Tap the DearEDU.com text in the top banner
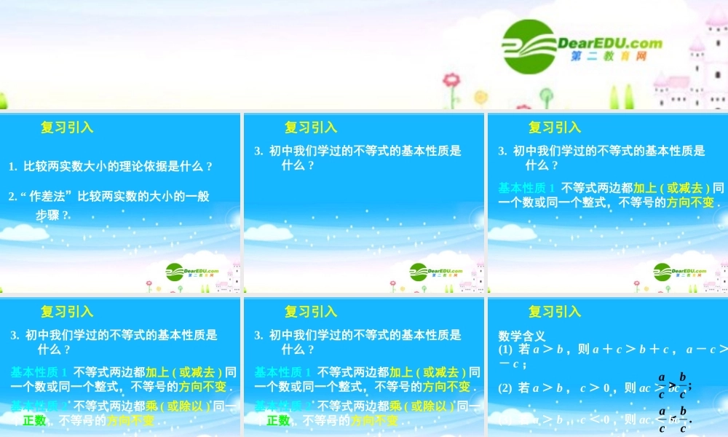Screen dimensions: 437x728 tap(610, 42)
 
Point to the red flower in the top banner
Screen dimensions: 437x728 tap(452, 79)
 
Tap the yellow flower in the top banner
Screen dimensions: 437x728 tap(480, 96)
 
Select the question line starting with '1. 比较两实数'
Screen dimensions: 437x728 tap(111, 166)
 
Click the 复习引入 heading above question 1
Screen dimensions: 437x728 tap(67, 127)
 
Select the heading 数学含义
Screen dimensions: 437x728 tap(522, 336)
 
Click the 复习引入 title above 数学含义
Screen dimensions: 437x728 tap(555, 312)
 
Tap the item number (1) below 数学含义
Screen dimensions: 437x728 tap(505, 350)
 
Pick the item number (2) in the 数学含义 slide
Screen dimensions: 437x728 tap(505, 388)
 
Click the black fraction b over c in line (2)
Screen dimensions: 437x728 tap(682, 385)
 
